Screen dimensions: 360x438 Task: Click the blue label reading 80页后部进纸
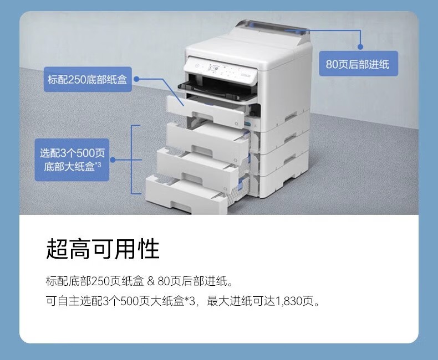pos(358,64)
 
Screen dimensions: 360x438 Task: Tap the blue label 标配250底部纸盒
pos(87,79)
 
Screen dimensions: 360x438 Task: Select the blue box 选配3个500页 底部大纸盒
pos(73,160)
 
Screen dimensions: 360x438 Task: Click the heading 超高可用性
pos(103,249)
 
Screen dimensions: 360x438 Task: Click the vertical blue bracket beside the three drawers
pos(131,160)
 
